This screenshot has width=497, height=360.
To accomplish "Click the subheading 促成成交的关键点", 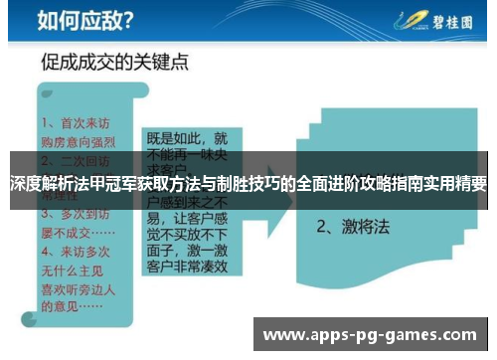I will tap(115, 63).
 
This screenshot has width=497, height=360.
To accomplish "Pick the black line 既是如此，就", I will tap(187, 138).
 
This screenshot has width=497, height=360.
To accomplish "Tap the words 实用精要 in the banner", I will tap(456, 184).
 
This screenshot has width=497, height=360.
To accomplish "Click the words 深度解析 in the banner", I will tap(39, 184).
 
